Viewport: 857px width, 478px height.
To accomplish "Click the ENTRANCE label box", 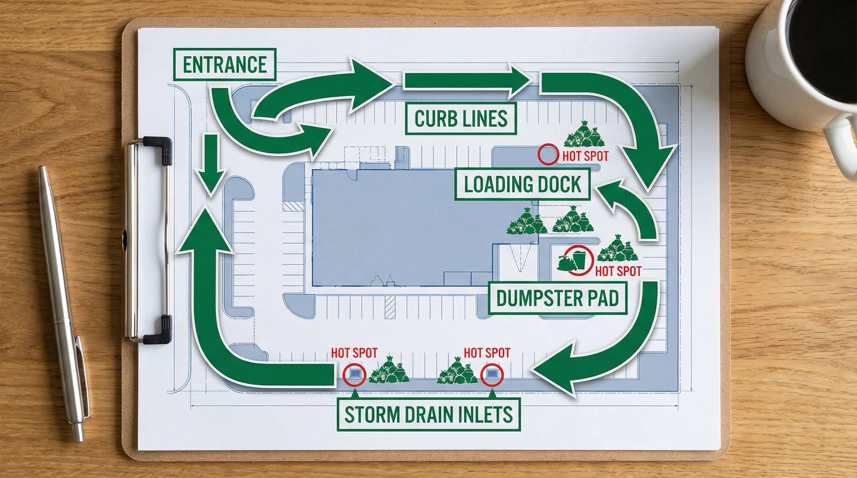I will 225,64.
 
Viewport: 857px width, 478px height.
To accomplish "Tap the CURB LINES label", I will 461,119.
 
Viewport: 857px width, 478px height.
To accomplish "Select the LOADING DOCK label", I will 522,184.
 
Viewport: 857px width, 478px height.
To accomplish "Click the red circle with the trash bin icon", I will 580,260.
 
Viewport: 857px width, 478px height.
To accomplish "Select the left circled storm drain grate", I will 355,374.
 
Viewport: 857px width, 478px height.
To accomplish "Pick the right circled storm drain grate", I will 492,374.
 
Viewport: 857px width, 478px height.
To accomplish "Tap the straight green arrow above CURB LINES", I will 466,82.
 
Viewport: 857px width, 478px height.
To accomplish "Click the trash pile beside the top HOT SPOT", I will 584,135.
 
